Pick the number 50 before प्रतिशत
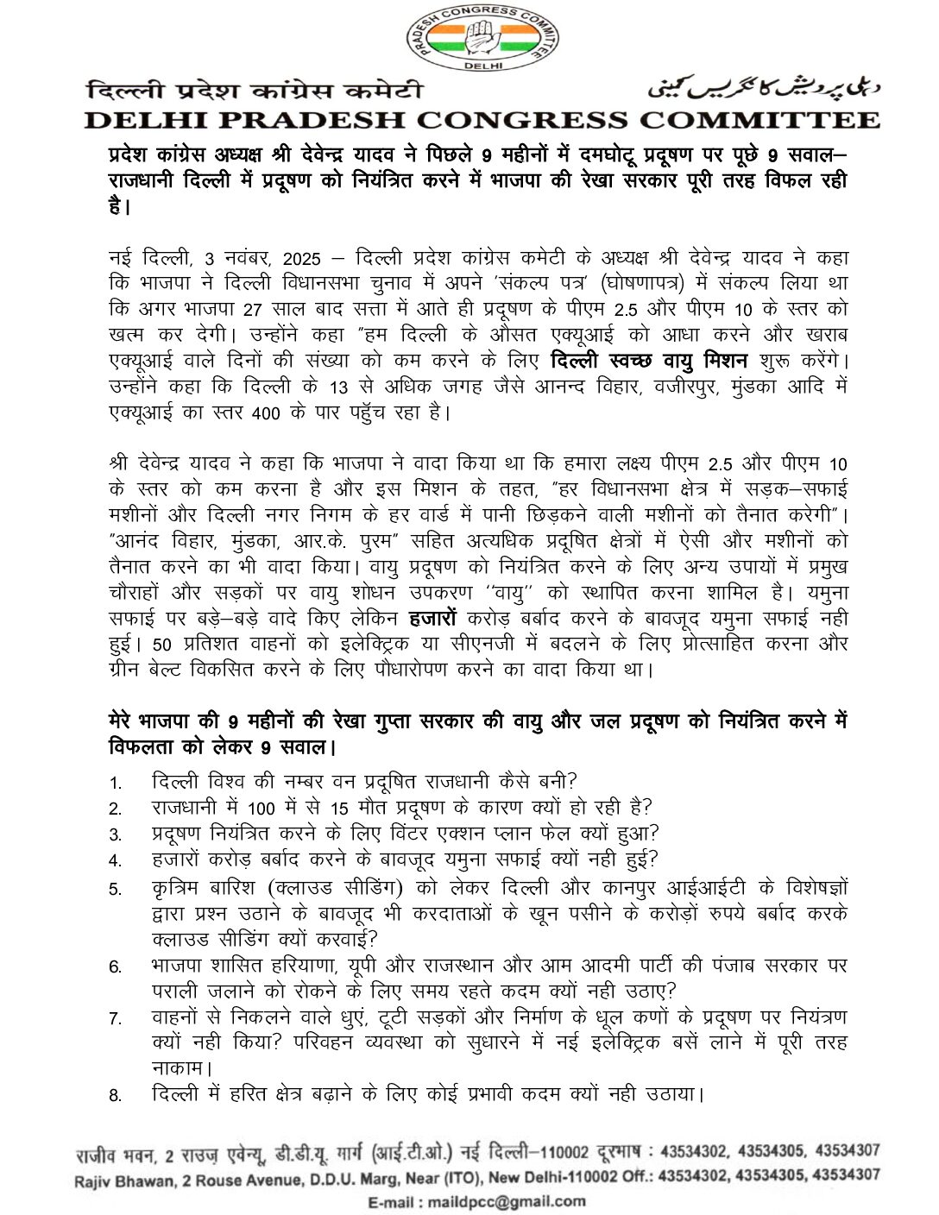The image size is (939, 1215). coord(162,644)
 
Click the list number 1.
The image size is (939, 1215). coord(116,783)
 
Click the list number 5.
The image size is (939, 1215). coord(116,890)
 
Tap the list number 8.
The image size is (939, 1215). coord(116,1096)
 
